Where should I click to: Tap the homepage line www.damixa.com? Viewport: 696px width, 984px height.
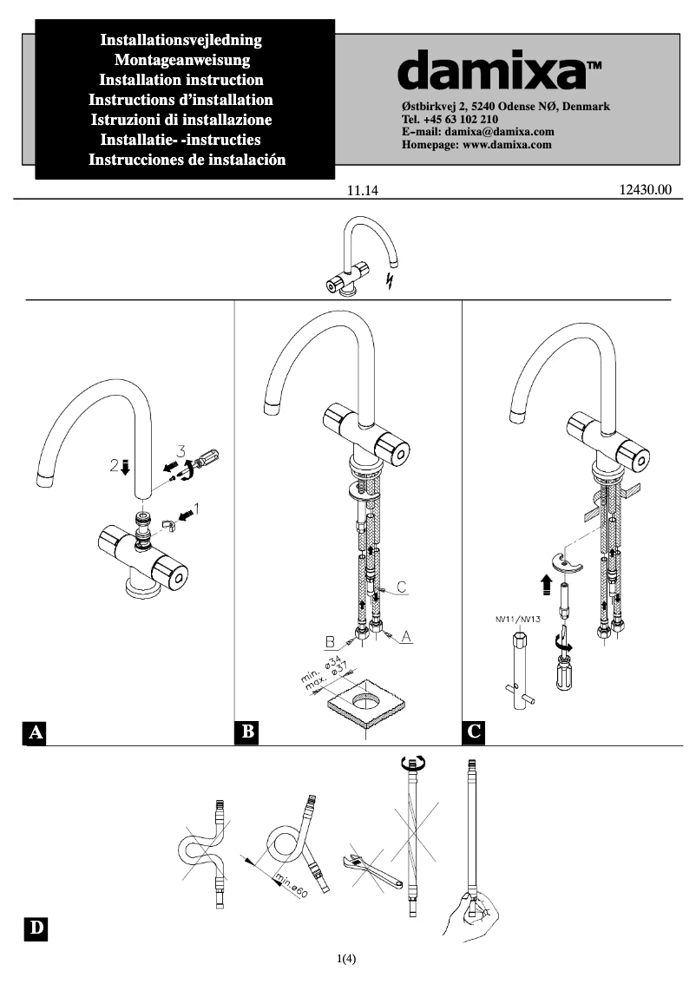click(x=476, y=145)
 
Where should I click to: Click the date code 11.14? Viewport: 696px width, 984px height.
click(x=364, y=192)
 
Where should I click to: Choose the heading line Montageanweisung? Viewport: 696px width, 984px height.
click(x=182, y=60)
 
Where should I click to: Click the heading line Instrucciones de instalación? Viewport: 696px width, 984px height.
click(x=187, y=160)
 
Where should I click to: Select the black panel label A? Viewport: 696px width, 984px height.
click(x=35, y=732)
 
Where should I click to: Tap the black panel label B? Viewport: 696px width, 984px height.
click(x=247, y=732)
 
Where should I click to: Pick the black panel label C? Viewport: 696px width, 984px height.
click(x=474, y=732)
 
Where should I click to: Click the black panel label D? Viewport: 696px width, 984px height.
click(x=35, y=928)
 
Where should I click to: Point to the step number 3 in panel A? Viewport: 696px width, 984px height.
click(x=181, y=449)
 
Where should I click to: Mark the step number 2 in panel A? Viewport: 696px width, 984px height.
click(x=115, y=467)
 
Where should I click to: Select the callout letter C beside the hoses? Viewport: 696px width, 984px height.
click(x=402, y=588)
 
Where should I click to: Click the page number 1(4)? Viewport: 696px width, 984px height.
click(x=347, y=959)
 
